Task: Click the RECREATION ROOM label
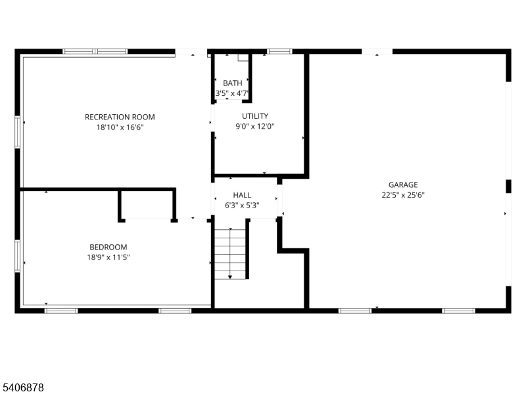coord(120,117)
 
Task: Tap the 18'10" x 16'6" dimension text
coord(120,127)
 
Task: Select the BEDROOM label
coord(108,247)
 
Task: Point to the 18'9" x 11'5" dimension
coord(109,257)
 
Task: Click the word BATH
coord(232,83)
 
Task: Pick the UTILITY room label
coord(254,116)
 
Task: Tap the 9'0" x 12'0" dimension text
coord(254,127)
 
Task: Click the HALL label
coord(242,195)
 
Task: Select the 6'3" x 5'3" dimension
coord(242,206)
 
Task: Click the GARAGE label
coord(403,185)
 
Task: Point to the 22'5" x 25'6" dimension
coord(403,195)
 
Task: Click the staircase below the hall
coord(230,253)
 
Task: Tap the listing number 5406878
coord(23,388)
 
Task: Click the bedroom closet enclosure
coord(148,205)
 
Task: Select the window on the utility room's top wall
coord(279,51)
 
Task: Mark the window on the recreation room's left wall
coord(18,132)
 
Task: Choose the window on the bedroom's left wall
coord(18,256)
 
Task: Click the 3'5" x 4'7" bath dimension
coord(232,93)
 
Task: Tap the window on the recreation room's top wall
coord(95,51)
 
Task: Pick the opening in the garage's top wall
coord(377,51)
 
